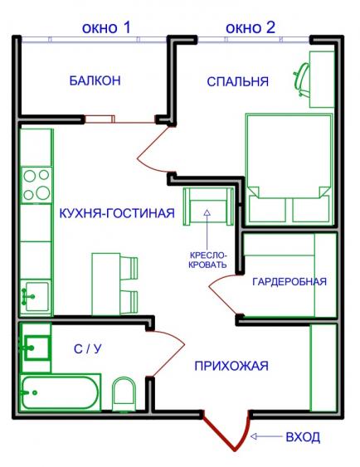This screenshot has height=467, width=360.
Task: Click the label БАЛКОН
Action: pos(95,80)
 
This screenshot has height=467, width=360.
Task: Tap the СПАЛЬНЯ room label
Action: pos(237,81)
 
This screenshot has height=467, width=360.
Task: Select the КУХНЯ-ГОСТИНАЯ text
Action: pos(117,213)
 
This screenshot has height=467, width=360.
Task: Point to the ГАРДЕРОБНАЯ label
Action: pos(289,281)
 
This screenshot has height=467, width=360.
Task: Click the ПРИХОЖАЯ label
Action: pos(231,366)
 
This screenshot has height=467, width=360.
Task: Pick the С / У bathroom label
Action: pos(88,348)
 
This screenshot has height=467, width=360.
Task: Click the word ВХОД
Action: pos(303,437)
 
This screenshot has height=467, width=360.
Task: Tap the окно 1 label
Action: pos(106,27)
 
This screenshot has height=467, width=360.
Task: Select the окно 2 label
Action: pos(251,27)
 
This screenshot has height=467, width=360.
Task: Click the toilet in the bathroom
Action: pos(124,394)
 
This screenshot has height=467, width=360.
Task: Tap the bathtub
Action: pos(60,392)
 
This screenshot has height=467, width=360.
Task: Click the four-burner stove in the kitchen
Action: pos(37,185)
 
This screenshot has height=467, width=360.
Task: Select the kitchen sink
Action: pos(36,296)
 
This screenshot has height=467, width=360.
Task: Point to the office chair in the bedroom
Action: pos(302,79)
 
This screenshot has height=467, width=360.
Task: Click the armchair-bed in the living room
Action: pos(208,207)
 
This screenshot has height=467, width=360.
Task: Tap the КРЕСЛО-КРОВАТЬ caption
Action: pos(207,260)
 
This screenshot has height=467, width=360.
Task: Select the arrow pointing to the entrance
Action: pos(266,436)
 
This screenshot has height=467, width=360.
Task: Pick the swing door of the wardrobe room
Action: pos(221,294)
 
